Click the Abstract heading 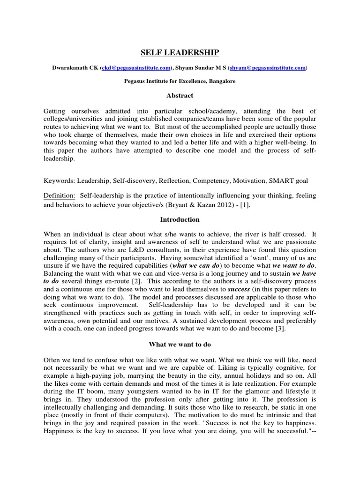pos(180,96)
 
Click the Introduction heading pos(180,219)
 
